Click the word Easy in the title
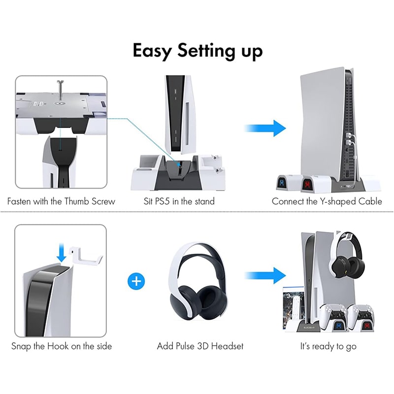(152, 51)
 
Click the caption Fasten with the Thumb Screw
(61, 201)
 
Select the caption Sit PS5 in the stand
(179, 201)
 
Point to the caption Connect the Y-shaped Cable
(327, 201)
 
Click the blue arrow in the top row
(265, 128)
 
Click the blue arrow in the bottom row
(265, 276)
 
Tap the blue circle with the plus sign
(136, 281)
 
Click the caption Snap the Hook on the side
(62, 346)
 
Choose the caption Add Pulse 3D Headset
(200, 346)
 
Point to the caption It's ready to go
(328, 347)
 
